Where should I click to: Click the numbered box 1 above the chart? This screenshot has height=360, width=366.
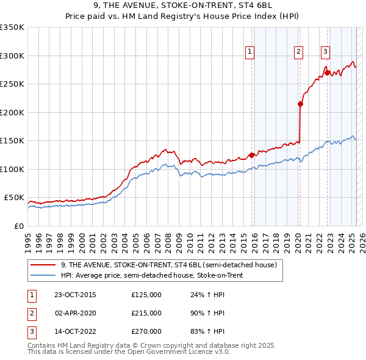(x=250, y=52)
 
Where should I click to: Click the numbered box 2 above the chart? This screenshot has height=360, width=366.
(x=298, y=52)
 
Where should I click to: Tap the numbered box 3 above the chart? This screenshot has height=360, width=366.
(x=326, y=52)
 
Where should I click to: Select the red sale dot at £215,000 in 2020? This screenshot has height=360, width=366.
(x=300, y=104)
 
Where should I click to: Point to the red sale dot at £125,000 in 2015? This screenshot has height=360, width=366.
(x=252, y=154)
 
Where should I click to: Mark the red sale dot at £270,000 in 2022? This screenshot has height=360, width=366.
(x=328, y=73)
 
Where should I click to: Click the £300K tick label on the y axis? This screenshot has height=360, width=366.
(x=12, y=56)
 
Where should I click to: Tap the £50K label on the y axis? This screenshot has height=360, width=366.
(x=14, y=198)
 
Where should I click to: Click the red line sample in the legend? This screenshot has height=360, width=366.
(x=43, y=265)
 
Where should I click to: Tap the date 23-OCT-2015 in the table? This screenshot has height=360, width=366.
(x=75, y=295)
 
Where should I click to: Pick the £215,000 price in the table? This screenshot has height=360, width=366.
(x=146, y=313)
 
